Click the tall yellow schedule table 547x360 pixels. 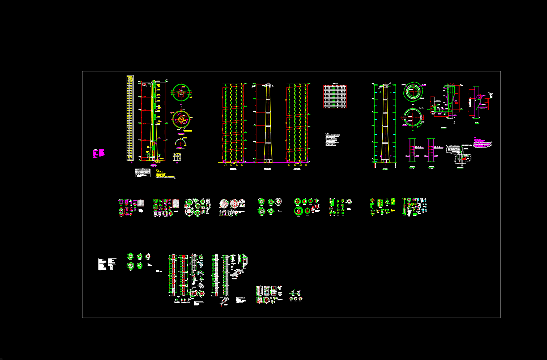pos(130,118)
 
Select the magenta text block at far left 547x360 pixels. pos(98,153)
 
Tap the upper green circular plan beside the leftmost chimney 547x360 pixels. pos(181,92)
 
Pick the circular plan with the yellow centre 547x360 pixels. pos(181,119)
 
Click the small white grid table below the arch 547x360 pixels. pos(177,157)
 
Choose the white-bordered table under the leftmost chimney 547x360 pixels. pos(143,173)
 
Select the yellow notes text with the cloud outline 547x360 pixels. pos(165,175)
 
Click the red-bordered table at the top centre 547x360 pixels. pos(335,97)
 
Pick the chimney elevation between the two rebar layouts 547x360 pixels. pos(268,123)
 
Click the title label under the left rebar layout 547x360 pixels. pos(233,168)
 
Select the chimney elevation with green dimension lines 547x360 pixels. pos(385,123)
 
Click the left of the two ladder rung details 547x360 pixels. pos(412,150)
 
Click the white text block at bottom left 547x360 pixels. pos(107,264)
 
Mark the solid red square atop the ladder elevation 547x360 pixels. pos(184,256)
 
